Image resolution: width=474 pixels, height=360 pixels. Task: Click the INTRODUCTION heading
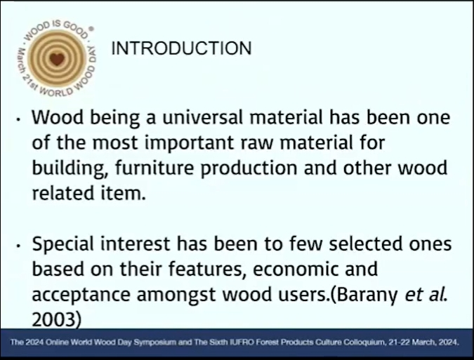pos(181,48)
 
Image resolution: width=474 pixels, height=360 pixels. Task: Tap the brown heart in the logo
pos(57,59)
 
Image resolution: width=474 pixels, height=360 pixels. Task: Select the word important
pos(189,143)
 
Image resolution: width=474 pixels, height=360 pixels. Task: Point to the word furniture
pos(154,168)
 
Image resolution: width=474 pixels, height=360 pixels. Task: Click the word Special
pos(63,245)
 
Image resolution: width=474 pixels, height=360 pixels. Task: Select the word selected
pos(366,244)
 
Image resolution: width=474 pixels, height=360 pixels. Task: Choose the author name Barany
pos(367,295)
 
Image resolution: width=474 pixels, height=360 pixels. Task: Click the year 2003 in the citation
pos(54,319)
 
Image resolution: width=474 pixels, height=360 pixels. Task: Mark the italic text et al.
pos(426,295)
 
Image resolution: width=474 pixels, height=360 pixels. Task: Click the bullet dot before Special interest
pos(19,246)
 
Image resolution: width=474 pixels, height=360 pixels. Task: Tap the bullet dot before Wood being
pos(19,120)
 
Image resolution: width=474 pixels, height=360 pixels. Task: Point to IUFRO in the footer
pos(239,342)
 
